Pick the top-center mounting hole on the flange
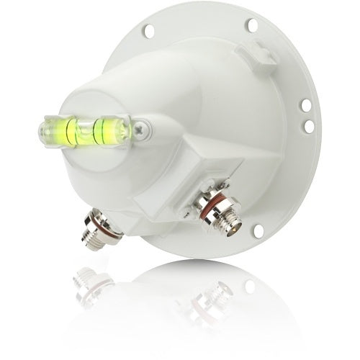point(252,25)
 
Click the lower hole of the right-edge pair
point(308,127)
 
